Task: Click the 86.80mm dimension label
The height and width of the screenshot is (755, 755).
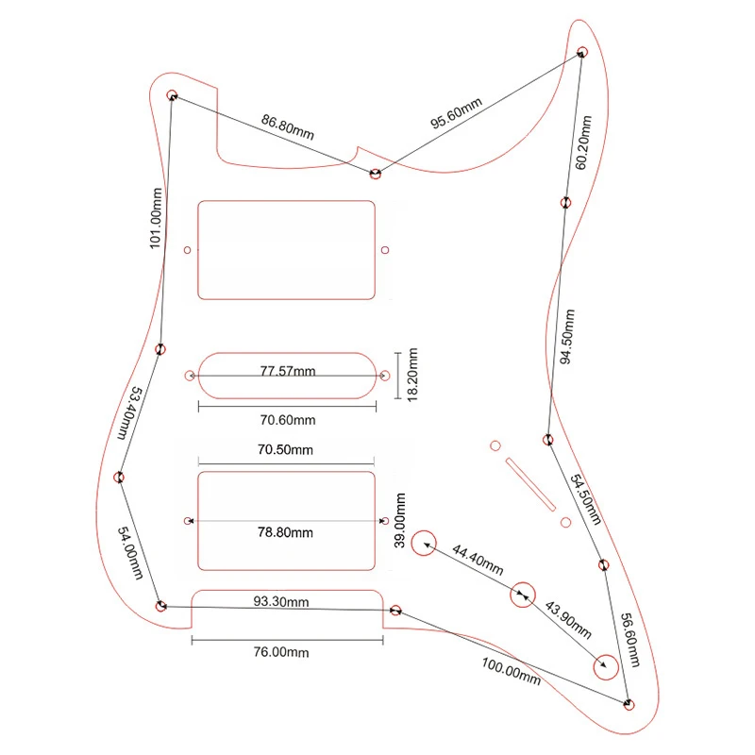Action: click(287, 127)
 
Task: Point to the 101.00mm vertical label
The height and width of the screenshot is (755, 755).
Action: click(156, 218)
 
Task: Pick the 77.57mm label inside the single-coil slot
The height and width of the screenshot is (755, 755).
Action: click(288, 371)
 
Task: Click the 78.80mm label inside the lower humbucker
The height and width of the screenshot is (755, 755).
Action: click(287, 532)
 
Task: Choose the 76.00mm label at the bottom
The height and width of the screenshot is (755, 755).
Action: click(283, 652)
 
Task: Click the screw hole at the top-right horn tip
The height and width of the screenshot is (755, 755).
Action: click(582, 51)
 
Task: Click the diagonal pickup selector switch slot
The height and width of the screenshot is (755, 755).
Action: click(530, 483)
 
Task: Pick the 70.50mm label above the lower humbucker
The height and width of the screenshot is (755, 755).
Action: click(286, 451)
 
